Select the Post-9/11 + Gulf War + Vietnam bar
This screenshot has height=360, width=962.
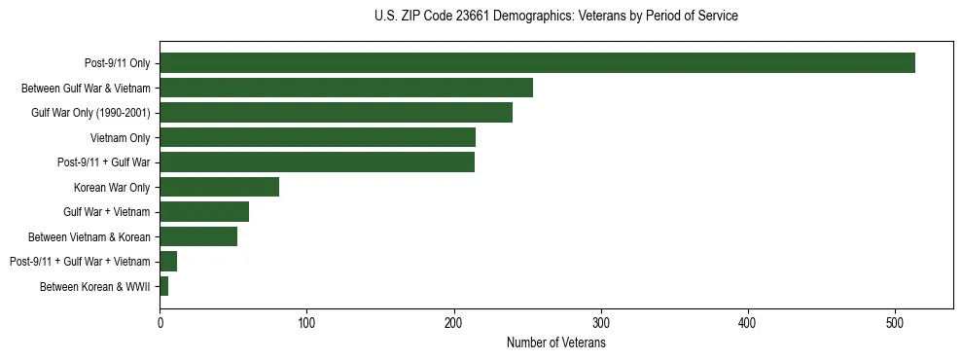coord(168,261)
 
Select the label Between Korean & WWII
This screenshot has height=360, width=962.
coord(95,286)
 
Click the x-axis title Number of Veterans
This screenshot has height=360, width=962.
coord(556,342)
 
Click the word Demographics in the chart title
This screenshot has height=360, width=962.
coord(536,17)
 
